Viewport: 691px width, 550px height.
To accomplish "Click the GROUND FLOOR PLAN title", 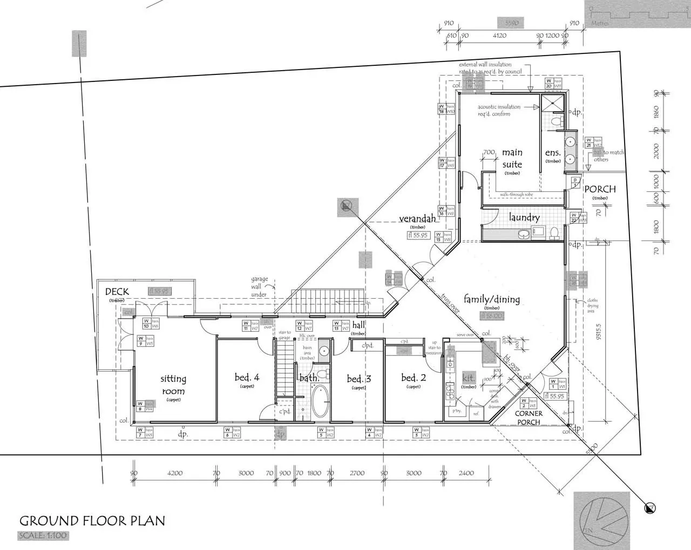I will pos(92,521).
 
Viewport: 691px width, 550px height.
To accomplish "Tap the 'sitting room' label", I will pos(173,385).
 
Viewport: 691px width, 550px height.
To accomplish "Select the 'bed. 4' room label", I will pos(247,377).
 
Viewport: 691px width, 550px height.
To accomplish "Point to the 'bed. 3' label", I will pos(359,379).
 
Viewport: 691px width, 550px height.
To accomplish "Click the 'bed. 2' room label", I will pos(414,377).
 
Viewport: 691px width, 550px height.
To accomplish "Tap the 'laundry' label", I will pos(524,217).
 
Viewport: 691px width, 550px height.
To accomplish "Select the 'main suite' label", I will pos(512,159).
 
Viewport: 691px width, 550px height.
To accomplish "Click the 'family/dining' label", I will pos(492,299).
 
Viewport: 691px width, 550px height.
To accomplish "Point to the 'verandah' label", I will pos(417,219).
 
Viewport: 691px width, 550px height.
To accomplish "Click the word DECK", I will pos(117,292).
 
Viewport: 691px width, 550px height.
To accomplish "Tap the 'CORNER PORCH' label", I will pos(529,418).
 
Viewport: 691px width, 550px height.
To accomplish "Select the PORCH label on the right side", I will pos(600,189).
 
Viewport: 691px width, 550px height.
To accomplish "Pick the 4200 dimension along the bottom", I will pos(175,473).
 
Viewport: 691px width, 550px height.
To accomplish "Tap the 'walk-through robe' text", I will pos(516,194).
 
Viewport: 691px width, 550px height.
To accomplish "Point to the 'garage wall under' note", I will pos(259,287).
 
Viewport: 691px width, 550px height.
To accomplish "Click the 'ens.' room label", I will pos(553,153).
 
